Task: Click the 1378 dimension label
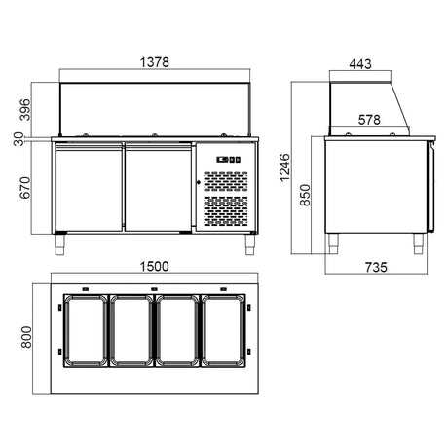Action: [x=155, y=62]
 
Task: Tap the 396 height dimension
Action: [x=25, y=110]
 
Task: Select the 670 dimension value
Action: [x=25, y=188]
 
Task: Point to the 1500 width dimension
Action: [x=154, y=267]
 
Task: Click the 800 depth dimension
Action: [x=26, y=337]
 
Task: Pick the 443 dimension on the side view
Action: [x=360, y=64]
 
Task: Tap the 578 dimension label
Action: [x=369, y=120]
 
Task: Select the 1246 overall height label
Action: [x=284, y=168]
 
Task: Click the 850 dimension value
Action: [x=305, y=195]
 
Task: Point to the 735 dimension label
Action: [x=376, y=268]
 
